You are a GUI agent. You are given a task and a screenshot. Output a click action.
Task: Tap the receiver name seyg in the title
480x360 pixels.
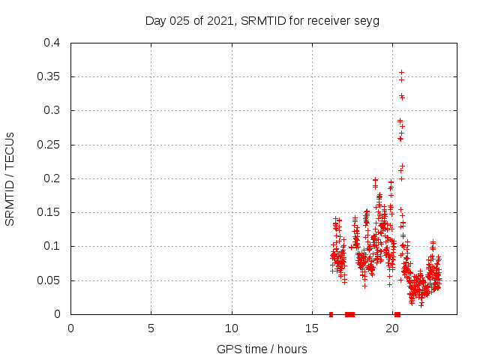(367, 20)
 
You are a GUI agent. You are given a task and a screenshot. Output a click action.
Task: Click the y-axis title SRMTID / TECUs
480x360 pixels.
(10, 178)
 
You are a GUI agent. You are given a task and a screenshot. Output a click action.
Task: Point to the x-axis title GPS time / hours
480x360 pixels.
(262, 349)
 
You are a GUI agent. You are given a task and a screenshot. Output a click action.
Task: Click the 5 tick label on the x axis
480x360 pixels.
(151, 328)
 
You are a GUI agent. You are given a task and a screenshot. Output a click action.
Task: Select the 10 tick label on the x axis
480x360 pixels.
(232, 328)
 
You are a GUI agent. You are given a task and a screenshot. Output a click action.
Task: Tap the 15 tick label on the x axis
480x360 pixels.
(312, 328)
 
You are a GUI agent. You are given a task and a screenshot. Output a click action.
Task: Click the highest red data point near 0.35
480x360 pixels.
(401, 72)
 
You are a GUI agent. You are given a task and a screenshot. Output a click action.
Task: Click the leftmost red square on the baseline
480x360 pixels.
(331, 314)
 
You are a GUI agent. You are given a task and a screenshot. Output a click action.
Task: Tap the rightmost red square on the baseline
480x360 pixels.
(397, 314)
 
